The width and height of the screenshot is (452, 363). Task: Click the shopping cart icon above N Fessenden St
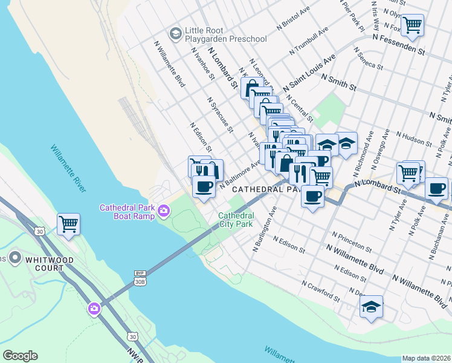pos(413,25)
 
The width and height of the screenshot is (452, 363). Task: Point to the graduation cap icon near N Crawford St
pos(371,306)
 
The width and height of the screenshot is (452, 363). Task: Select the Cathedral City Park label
pos(235,220)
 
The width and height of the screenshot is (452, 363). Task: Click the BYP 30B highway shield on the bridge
pos(140,278)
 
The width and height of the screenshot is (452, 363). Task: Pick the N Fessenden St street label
pos(399,45)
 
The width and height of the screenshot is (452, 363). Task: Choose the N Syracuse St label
pos(220,114)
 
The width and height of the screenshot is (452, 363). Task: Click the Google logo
pos(20,356)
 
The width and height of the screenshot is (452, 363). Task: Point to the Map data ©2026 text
pos(426,358)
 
